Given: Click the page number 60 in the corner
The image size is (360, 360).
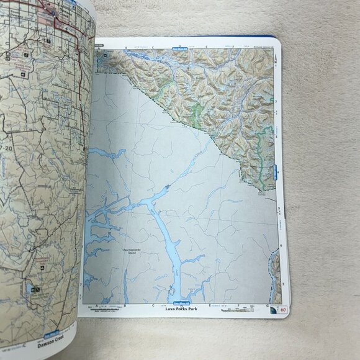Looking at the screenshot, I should [x=284, y=309].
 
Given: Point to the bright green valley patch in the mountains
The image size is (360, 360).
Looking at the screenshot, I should [x=197, y=112].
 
